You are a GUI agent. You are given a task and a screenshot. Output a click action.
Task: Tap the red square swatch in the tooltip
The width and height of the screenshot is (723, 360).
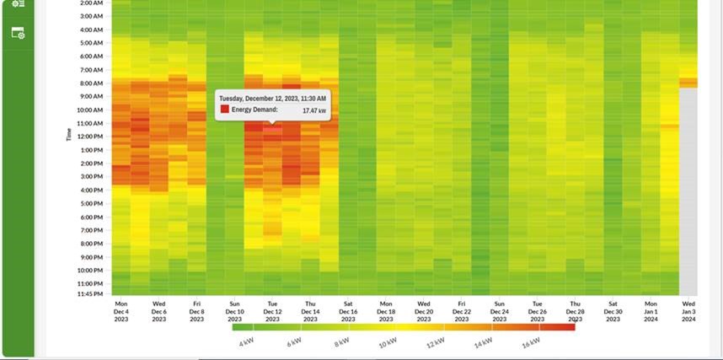(224, 110)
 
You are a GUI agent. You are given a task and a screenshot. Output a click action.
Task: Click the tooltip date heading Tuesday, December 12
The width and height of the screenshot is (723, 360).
(273, 98)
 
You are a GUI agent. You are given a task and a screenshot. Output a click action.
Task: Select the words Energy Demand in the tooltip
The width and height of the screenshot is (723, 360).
(254, 110)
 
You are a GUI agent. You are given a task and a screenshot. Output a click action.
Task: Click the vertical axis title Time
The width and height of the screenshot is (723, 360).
(69, 135)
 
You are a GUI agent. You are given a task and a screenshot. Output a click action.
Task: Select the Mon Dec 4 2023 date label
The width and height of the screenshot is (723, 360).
(121, 310)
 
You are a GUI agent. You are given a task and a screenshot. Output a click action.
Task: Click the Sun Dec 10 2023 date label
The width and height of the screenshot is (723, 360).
(234, 310)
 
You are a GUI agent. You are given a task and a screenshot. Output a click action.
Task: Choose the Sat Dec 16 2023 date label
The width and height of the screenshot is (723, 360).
(348, 310)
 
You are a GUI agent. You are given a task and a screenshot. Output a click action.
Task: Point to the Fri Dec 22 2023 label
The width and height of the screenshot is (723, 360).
(462, 310)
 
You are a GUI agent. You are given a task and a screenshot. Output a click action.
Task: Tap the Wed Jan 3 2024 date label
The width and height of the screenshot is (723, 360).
(688, 310)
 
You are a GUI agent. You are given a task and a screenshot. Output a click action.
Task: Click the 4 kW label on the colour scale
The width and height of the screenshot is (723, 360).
(245, 343)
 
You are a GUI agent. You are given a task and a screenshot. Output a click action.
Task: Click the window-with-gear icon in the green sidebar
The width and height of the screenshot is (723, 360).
(18, 33)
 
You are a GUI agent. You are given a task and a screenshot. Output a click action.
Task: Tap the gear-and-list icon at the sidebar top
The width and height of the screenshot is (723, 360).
(18, 3)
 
